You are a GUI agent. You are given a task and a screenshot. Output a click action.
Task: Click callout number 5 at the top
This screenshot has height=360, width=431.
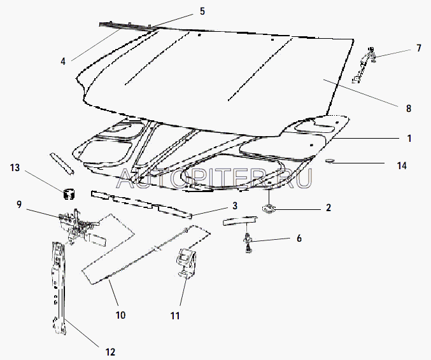coord(202,11)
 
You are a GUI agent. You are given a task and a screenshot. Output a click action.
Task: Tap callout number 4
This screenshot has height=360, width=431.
coord(63,61)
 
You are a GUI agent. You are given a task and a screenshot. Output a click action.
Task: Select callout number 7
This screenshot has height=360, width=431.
coord(419,48)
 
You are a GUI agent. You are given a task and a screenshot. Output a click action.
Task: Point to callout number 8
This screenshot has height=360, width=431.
coord(409,109)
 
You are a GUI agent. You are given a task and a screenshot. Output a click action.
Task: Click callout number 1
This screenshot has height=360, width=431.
coord(409,139)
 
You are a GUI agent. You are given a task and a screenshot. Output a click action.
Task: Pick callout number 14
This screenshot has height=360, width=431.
coord(402,165)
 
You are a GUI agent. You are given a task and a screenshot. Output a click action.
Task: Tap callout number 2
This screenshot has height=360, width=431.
coord(329,208)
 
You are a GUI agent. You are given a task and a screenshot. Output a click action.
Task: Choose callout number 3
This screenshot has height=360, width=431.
coord(235,206)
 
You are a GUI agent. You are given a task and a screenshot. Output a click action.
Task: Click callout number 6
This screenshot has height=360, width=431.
coord(299,239)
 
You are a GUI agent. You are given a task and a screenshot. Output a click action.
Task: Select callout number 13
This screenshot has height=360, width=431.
coord(15,167)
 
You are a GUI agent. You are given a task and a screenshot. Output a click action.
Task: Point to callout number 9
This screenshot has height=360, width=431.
coord(19,205)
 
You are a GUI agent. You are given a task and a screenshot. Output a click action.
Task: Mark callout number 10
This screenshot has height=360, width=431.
coord(121,315)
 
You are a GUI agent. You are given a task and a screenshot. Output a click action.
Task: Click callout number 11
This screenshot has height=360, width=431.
coord(175,315)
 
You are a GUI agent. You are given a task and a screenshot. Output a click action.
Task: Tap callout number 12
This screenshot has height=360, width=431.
coord(110,352)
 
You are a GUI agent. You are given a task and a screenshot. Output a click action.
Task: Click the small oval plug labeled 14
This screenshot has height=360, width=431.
coord(329,161)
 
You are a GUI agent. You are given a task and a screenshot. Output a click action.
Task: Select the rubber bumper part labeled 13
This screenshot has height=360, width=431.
coord(69,194)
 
